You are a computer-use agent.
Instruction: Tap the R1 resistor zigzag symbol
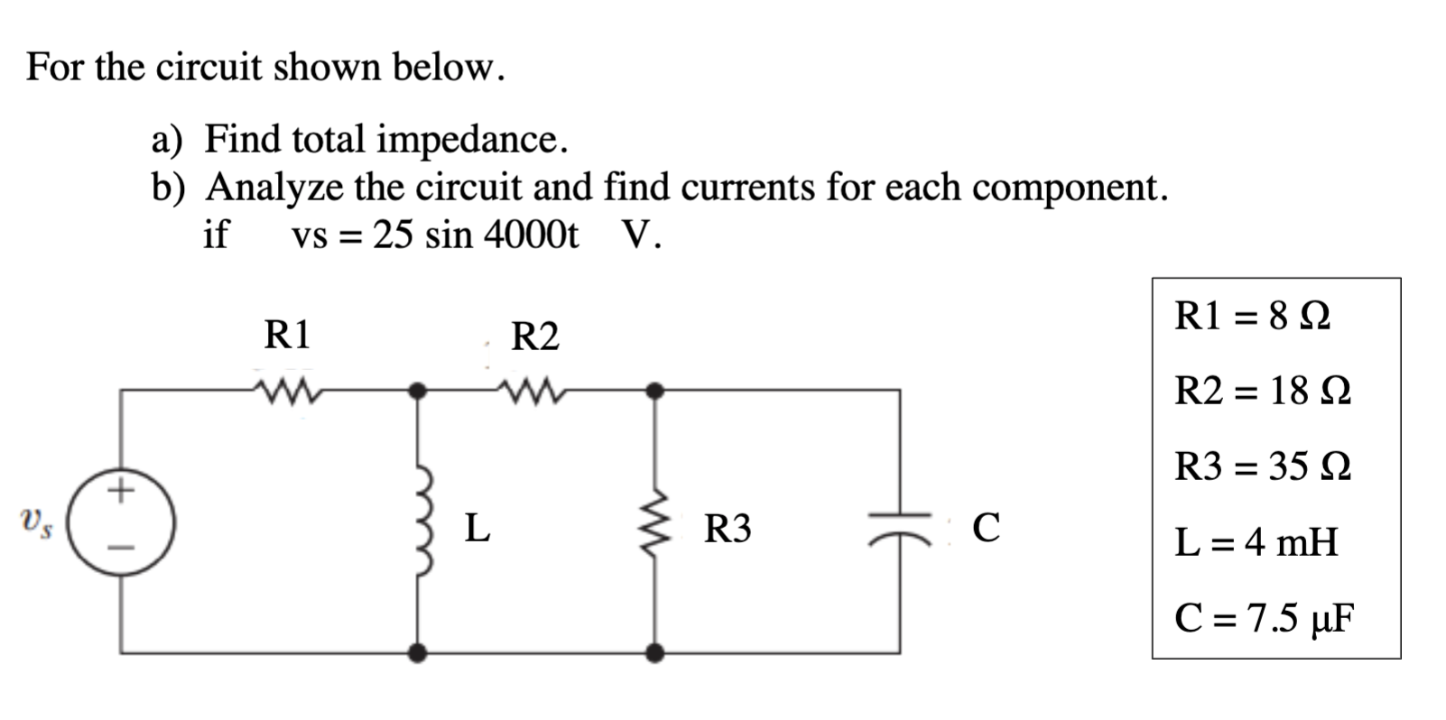click(x=286, y=391)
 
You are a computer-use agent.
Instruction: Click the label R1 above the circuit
click(x=287, y=335)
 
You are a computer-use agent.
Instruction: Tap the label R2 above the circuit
click(x=535, y=337)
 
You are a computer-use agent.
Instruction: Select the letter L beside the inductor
click(x=477, y=528)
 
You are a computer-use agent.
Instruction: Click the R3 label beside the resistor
click(x=728, y=529)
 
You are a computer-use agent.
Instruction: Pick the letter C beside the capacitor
click(x=987, y=528)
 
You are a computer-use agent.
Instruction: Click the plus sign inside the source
click(x=121, y=491)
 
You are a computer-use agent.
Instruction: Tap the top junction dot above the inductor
click(x=417, y=391)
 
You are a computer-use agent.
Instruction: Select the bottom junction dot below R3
click(x=656, y=651)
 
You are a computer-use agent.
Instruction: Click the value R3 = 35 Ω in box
click(x=1263, y=466)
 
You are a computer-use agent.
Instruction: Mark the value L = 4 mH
click(x=1256, y=542)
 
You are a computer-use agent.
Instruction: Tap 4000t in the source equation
click(x=531, y=235)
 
